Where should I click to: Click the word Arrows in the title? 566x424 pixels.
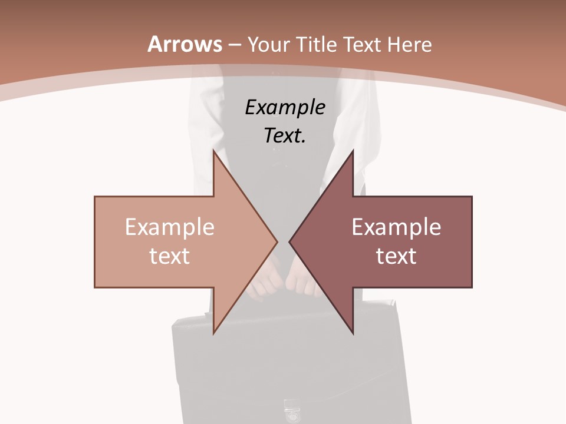coord(185,44)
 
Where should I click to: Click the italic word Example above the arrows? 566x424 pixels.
coord(285,107)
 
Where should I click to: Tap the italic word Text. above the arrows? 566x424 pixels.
coord(285,135)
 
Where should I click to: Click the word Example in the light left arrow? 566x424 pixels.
coord(170,227)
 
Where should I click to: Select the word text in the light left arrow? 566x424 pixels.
coord(170,256)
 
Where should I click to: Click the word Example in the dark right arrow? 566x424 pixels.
coord(396,227)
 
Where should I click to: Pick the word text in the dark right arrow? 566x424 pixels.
coord(396,256)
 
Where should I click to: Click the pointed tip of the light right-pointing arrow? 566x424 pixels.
coord(277,241)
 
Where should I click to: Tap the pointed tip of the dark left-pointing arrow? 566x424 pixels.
coord(289,241)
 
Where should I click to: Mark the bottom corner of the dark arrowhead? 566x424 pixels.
coord(353,333)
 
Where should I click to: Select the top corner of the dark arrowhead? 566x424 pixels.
coord(353,150)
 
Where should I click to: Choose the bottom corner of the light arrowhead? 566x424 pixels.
coord(214,333)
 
